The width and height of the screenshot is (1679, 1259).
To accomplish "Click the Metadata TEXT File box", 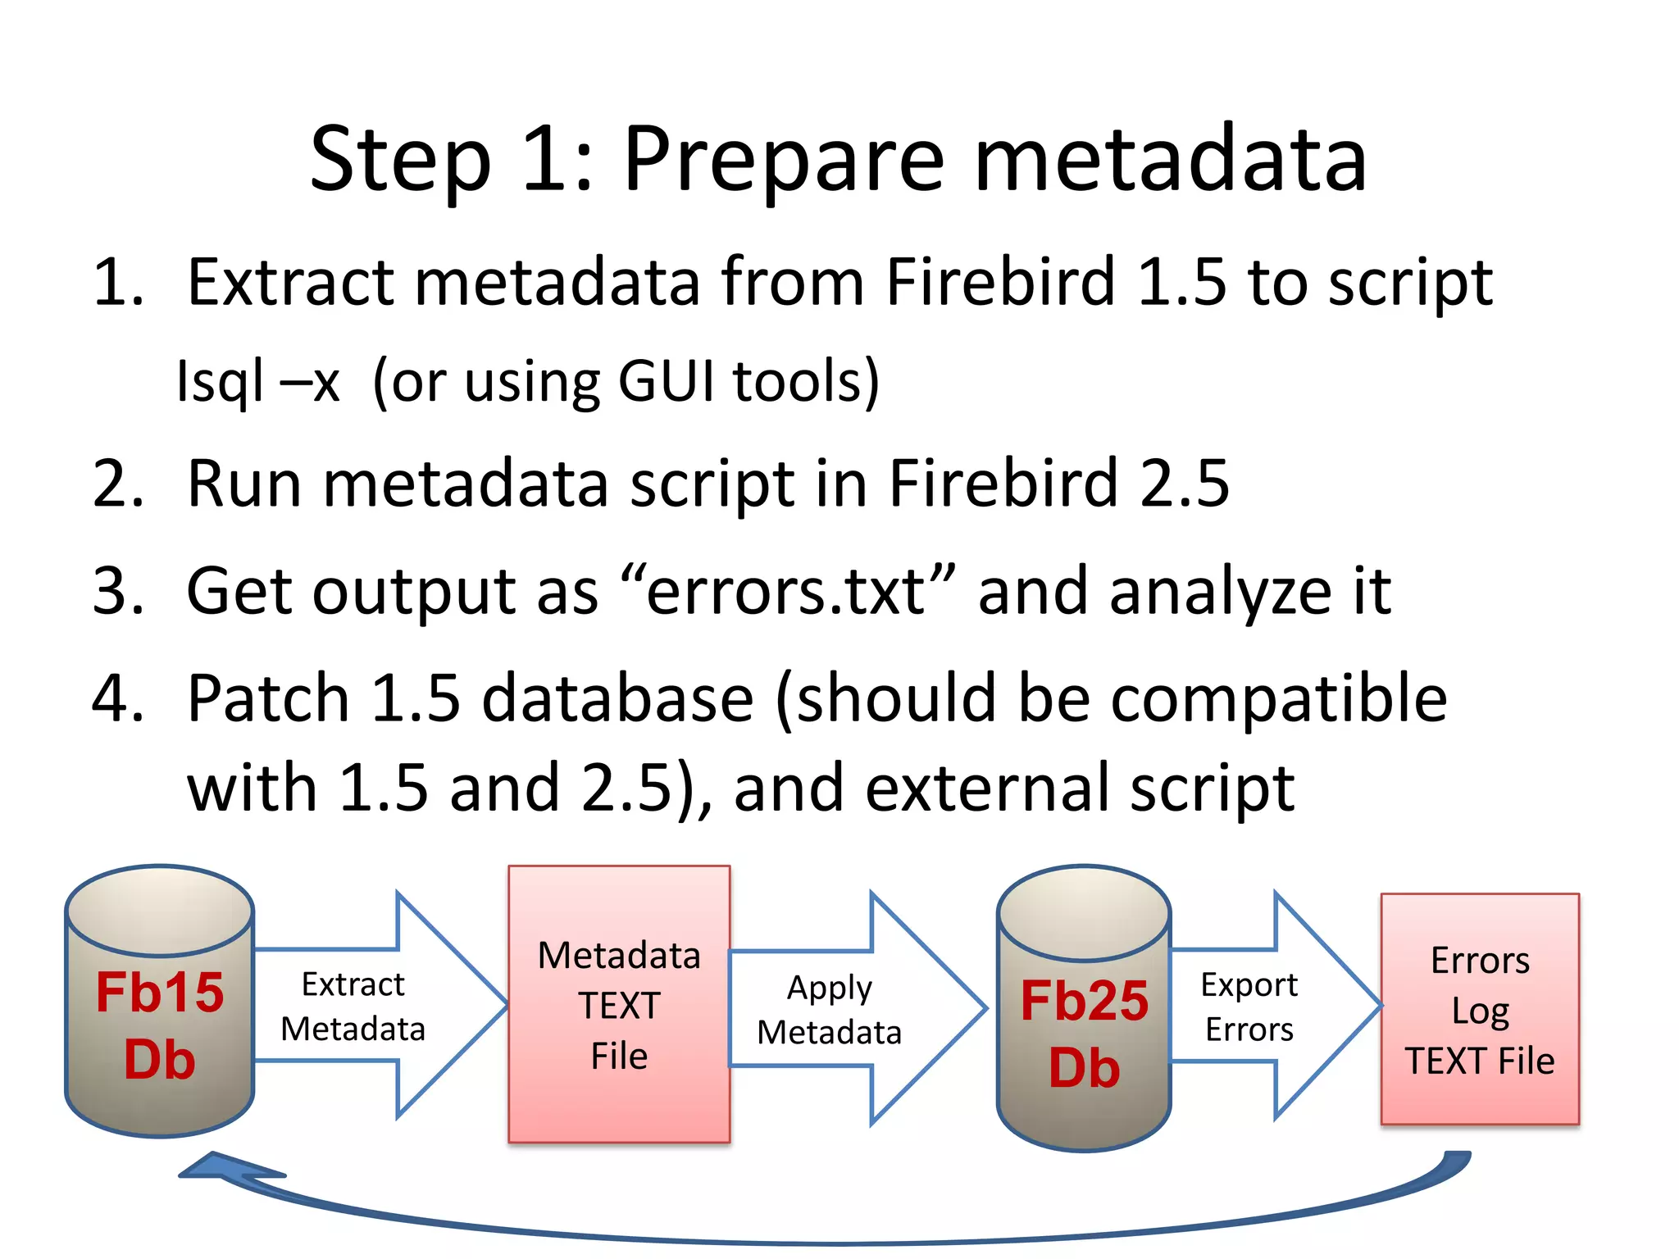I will point(619,1004).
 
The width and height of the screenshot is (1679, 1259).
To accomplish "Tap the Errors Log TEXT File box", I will point(1480,1009).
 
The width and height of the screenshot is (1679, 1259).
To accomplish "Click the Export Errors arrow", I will point(1263,1006).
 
